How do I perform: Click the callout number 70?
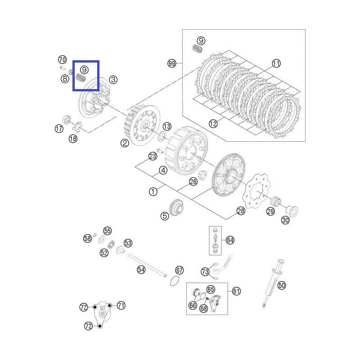click(x=62, y=59)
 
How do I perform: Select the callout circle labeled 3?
click(x=112, y=80)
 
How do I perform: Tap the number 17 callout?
click(x=59, y=129)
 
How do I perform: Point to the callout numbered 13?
click(x=166, y=126)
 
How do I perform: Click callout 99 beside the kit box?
click(x=171, y=64)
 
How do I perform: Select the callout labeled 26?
click(x=193, y=182)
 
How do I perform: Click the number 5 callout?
click(x=165, y=216)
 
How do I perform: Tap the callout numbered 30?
click(x=285, y=220)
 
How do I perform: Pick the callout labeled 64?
click(x=230, y=240)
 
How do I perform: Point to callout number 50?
click(x=281, y=285)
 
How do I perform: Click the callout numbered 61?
click(x=236, y=291)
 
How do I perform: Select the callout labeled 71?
click(x=121, y=306)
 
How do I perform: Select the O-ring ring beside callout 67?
click(x=175, y=282)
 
